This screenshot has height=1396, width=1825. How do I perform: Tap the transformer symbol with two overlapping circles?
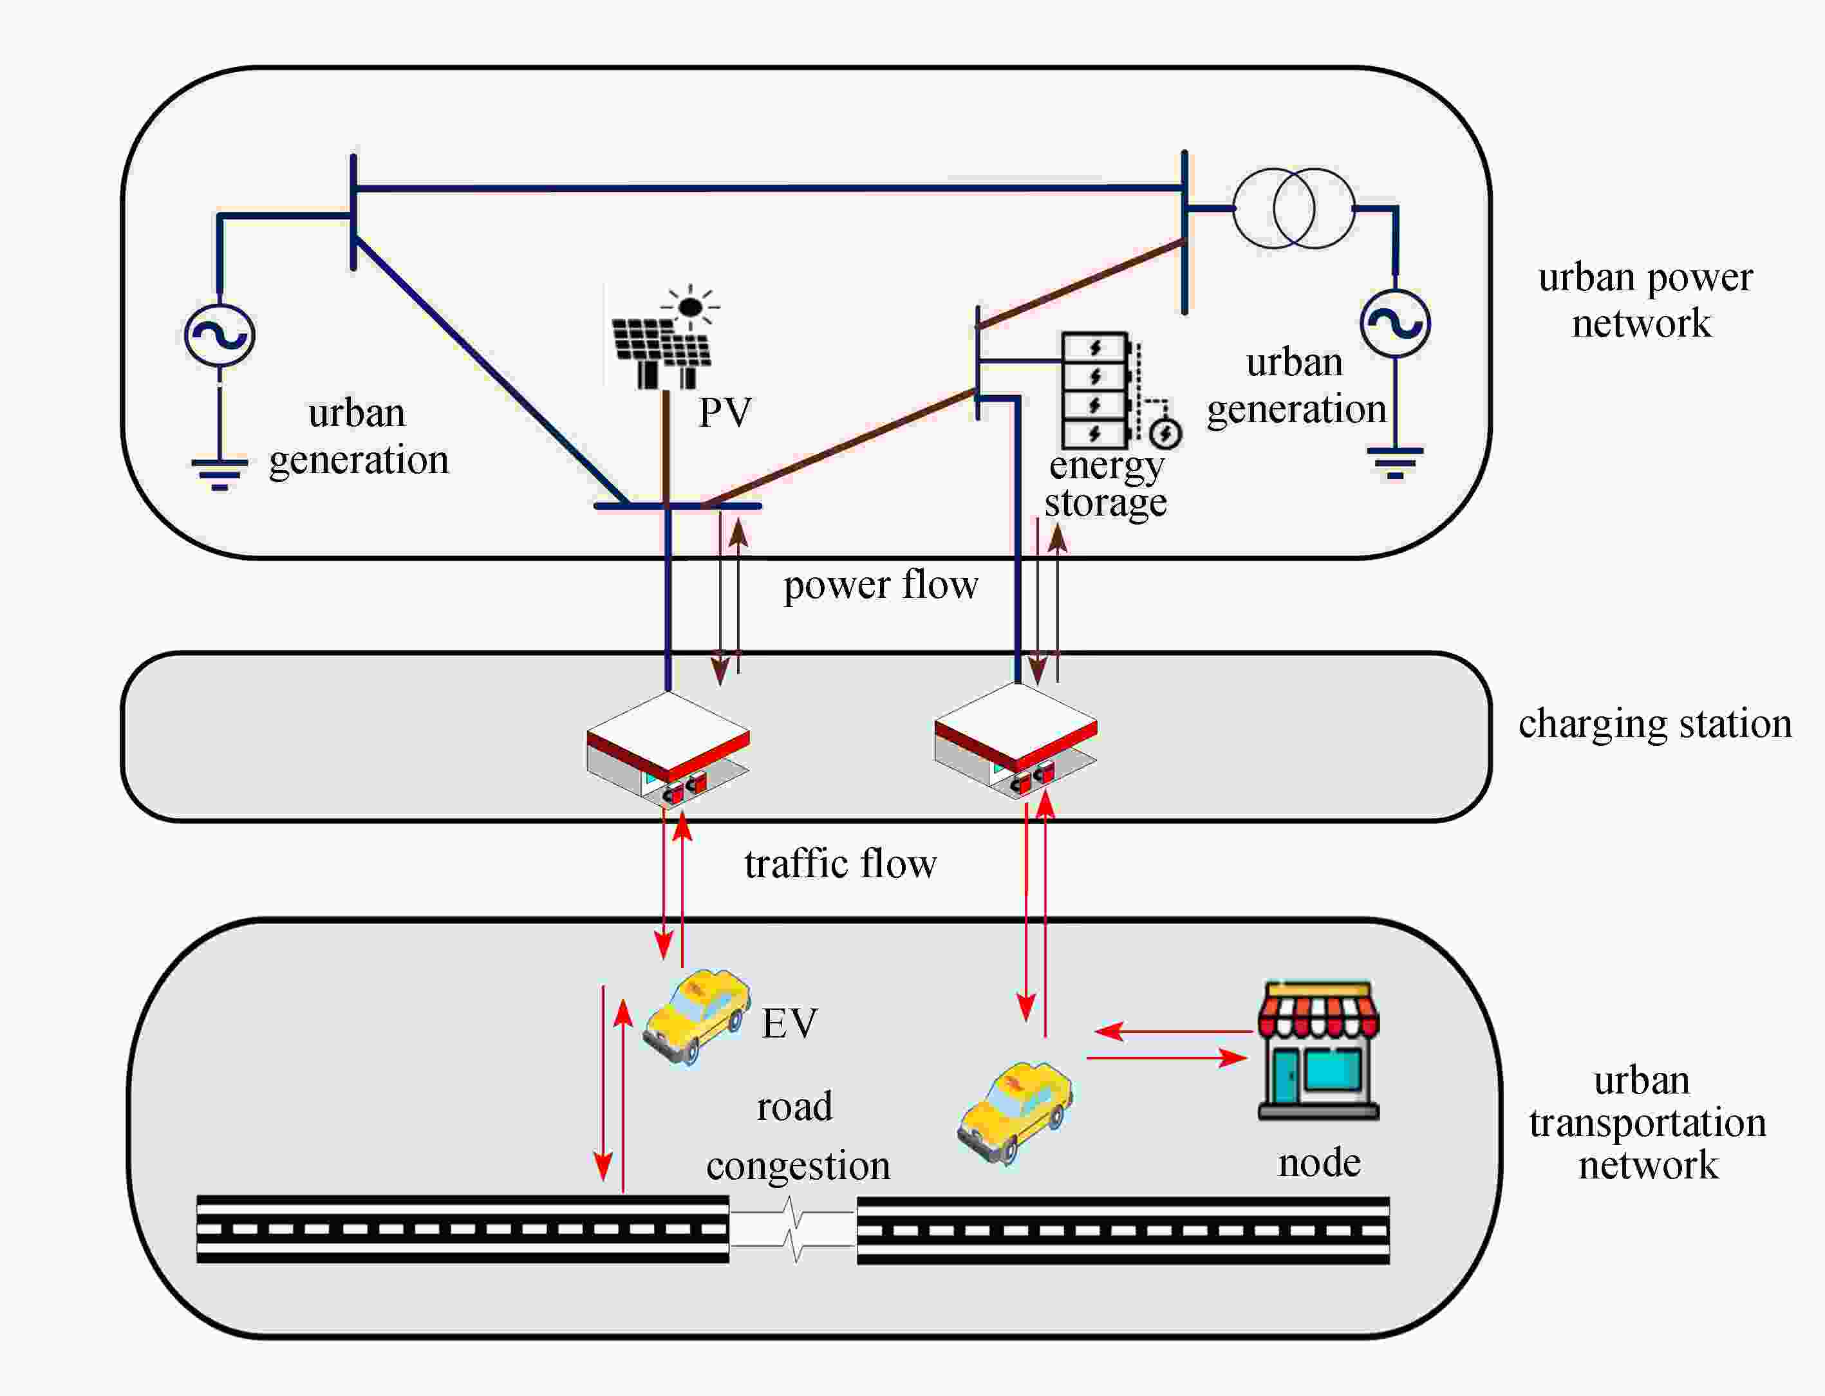pyautogui.click(x=1293, y=208)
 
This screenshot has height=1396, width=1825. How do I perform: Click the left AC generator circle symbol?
pyautogui.click(x=220, y=335)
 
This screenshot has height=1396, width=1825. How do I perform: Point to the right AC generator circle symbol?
pyautogui.click(x=1396, y=323)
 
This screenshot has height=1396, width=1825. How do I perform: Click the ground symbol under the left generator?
pyautogui.click(x=220, y=474)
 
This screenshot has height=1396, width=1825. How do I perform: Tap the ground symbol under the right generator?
pyautogui.click(x=1396, y=462)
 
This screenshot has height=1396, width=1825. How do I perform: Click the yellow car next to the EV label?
pyautogui.click(x=697, y=1016)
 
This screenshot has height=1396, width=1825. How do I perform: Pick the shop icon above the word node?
pyautogui.click(x=1318, y=1050)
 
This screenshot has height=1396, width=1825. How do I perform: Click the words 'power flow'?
pyautogui.click(x=880, y=585)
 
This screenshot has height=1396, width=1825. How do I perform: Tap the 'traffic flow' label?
pyautogui.click(x=840, y=864)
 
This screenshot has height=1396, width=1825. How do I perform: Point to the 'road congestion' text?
pyautogui.click(x=798, y=1137)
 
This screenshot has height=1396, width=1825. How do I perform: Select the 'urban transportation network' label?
pyautogui.click(x=1647, y=1122)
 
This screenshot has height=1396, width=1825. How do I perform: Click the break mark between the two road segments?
pyautogui.click(x=794, y=1230)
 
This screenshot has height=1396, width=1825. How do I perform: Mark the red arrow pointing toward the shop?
pyautogui.click(x=1168, y=1058)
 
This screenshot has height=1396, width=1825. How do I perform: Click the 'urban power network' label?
pyautogui.click(x=1645, y=300)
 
